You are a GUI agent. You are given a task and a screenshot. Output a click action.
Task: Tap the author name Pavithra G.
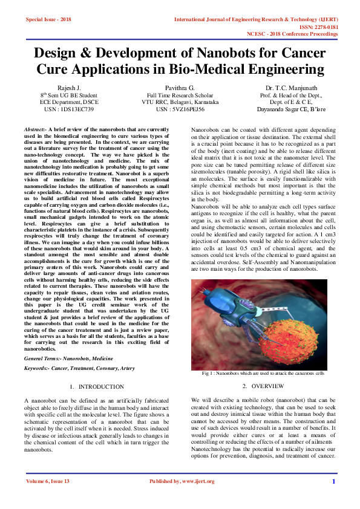[x=180, y=87]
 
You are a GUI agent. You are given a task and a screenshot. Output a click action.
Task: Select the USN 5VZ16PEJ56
[x=180, y=109]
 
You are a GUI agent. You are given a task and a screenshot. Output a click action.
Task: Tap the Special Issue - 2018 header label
[x=48, y=20]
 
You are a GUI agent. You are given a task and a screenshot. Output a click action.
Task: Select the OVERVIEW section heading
[x=263, y=386]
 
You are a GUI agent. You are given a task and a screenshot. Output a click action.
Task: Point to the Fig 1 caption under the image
[x=263, y=374]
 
